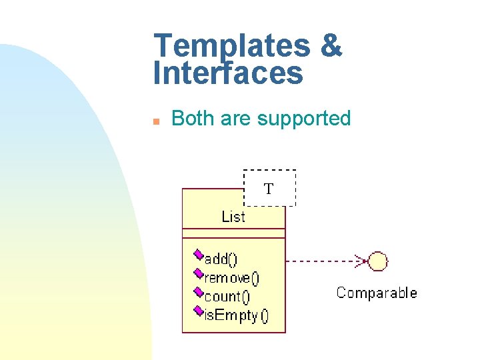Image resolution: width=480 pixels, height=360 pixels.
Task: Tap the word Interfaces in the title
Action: [x=228, y=73]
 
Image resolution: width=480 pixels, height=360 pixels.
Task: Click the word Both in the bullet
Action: [x=193, y=119]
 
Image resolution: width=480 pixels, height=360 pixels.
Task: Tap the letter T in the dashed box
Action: [x=268, y=189]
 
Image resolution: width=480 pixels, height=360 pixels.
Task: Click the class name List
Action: [x=233, y=217]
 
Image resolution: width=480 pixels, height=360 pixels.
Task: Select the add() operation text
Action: [x=221, y=259]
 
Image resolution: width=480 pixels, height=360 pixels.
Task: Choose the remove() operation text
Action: [x=232, y=278]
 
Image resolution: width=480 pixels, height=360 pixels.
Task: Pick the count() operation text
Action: [x=227, y=297]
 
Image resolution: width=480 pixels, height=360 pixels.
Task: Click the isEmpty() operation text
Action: [x=236, y=315]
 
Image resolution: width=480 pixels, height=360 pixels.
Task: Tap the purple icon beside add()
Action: [x=198, y=255]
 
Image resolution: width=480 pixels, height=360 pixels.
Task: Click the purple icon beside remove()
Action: [x=198, y=273]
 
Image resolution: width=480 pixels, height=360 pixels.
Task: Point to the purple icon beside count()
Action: [x=198, y=292]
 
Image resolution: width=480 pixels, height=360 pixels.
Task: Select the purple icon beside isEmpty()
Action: [x=198, y=311]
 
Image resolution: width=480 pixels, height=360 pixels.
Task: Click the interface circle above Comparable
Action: [x=378, y=261]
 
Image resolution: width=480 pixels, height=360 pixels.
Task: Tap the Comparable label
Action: [x=377, y=293]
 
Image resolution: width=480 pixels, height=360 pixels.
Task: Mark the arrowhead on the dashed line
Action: [x=361, y=261]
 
